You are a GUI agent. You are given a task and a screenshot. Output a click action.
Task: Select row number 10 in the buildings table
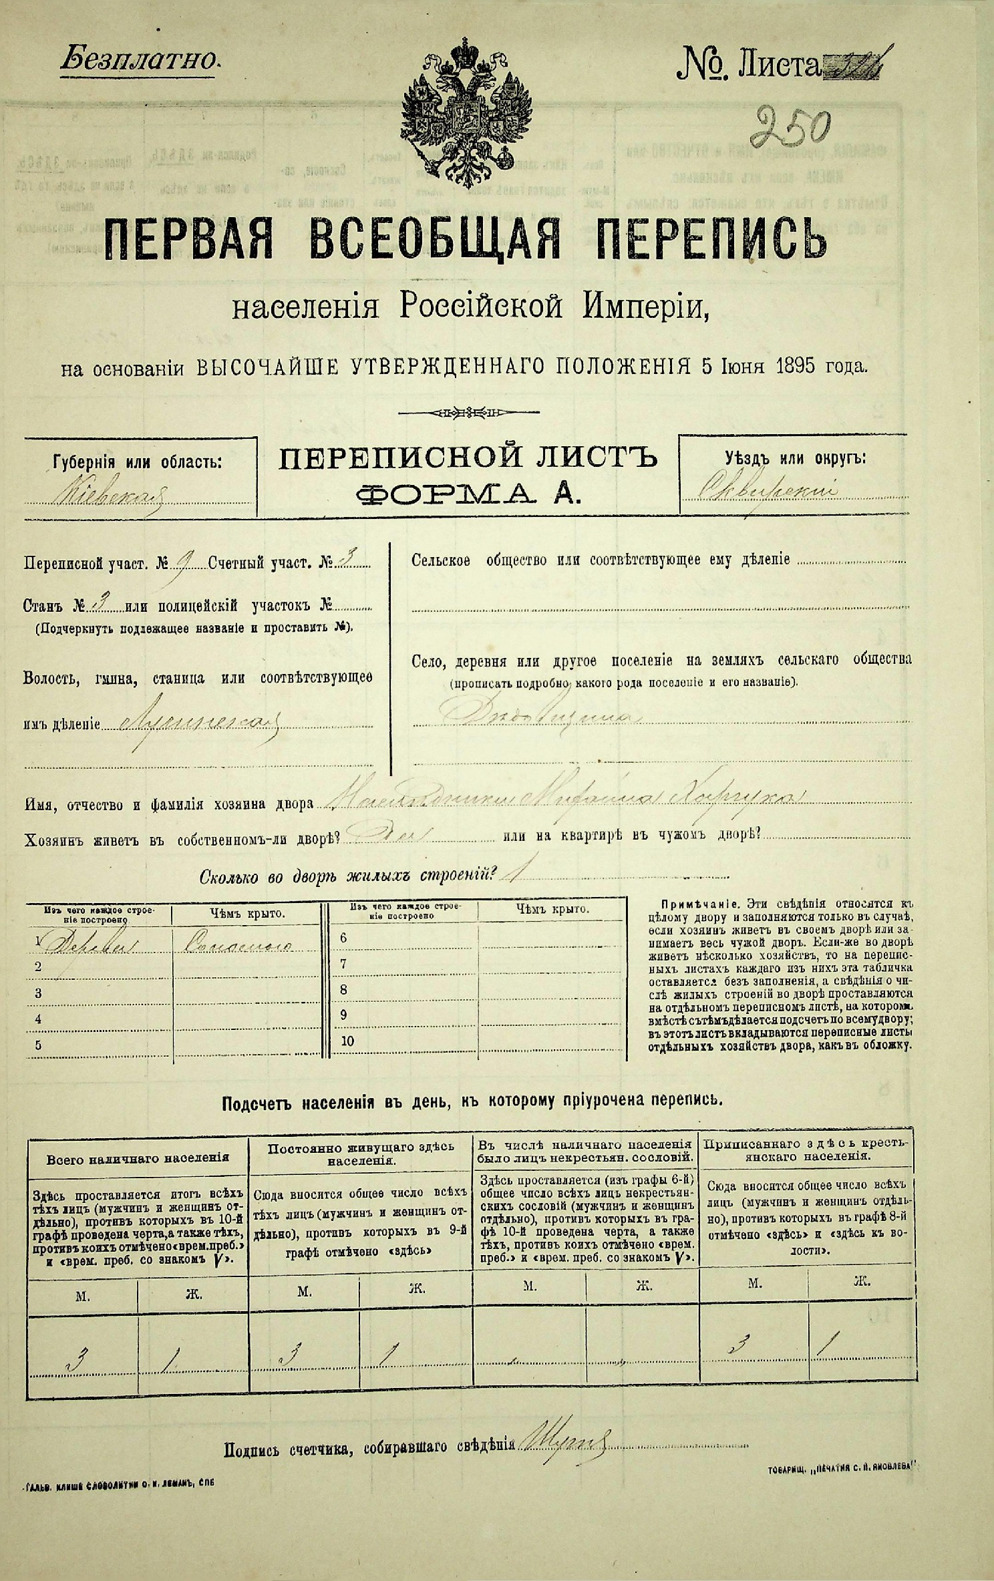[x=347, y=1041]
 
